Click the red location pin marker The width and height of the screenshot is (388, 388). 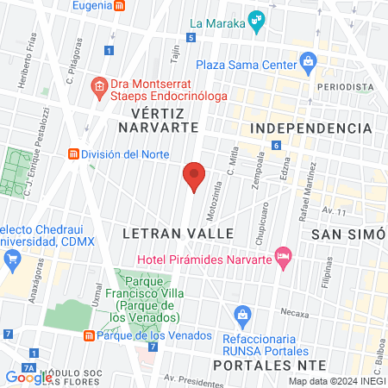[x=194, y=175]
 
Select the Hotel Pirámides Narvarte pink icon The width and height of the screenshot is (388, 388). [x=282, y=256]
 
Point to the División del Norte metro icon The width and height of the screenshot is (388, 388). [x=74, y=154]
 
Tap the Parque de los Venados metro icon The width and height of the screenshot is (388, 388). [x=88, y=335]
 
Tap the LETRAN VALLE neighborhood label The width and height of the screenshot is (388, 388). [x=178, y=234]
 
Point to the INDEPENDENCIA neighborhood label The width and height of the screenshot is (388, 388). [x=310, y=128]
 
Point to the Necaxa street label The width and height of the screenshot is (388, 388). [x=293, y=311]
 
